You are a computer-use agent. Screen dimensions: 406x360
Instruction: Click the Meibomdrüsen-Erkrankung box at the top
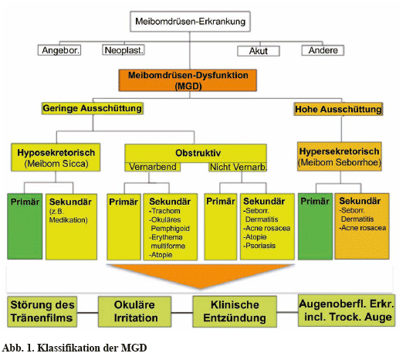[x=190, y=22]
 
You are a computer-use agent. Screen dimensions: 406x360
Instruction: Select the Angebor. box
[x=59, y=50]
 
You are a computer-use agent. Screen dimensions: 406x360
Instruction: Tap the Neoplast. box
[x=123, y=50]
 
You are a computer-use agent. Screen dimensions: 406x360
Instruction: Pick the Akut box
[x=259, y=51]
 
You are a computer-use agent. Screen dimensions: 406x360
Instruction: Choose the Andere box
[x=323, y=50]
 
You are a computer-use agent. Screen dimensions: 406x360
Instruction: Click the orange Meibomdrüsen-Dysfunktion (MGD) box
[x=188, y=80]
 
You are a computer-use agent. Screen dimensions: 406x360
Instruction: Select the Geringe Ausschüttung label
[x=93, y=108]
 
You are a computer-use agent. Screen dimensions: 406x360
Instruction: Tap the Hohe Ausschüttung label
[x=338, y=109]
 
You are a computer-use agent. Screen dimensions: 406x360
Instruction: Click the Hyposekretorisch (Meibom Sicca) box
[x=56, y=158]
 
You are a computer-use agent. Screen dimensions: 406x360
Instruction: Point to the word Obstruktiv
[x=198, y=153]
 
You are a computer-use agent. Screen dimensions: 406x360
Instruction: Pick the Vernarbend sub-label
[x=153, y=167]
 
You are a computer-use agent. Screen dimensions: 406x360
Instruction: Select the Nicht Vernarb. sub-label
[x=238, y=167]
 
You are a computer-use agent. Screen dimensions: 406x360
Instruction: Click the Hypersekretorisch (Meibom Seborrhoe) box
[x=340, y=157]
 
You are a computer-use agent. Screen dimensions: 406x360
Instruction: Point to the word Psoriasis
[x=260, y=246]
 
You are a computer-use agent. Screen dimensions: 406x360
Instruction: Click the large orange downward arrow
[x=201, y=275]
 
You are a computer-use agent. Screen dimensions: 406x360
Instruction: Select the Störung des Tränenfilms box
[x=42, y=311]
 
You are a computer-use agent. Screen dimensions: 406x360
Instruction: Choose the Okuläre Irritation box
[x=134, y=311]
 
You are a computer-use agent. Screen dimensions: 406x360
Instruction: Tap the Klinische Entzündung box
[x=235, y=311]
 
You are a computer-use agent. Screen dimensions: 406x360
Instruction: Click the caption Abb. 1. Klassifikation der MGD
[x=74, y=348]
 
